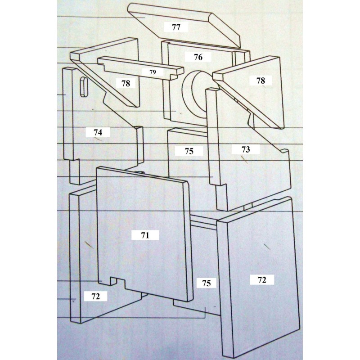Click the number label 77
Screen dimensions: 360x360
click(176, 27)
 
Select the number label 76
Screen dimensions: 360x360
click(198, 57)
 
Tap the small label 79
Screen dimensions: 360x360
click(153, 72)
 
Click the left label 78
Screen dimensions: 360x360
click(126, 83)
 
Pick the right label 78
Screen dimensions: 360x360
click(261, 81)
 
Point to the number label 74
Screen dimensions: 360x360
click(98, 132)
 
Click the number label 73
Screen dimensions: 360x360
click(245, 149)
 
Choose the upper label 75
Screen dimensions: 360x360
click(189, 151)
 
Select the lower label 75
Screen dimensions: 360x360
click(206, 283)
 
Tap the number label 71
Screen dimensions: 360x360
click(145, 235)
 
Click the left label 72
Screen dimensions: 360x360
click(95, 296)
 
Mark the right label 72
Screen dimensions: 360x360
click(262, 280)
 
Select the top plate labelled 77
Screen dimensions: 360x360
click(184, 25)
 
